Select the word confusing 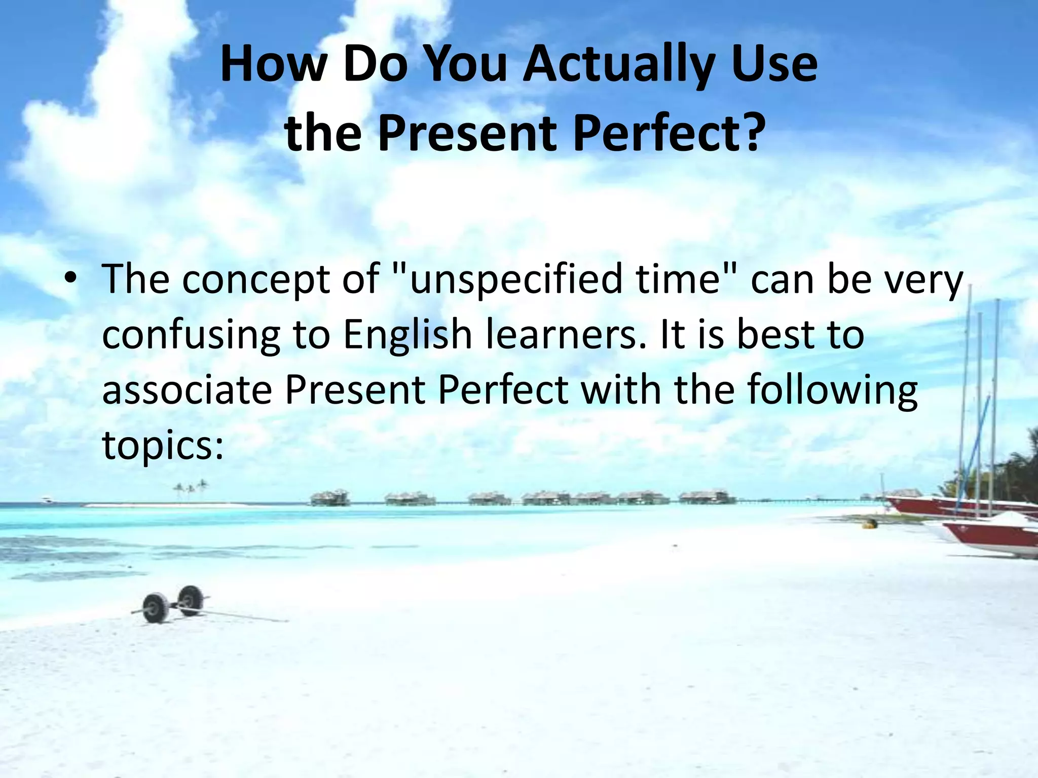pos(191,335)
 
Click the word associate pos(187,390)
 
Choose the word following pos(832,390)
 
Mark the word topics pos(163,446)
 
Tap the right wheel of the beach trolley pos(191,600)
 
